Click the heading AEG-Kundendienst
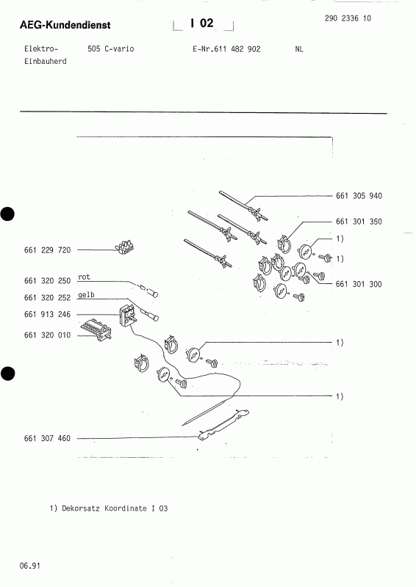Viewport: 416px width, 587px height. coord(65,26)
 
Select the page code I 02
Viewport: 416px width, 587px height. coord(201,23)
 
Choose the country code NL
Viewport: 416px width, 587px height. coord(298,49)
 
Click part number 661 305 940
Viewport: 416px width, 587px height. coord(359,196)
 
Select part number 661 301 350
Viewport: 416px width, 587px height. coord(359,221)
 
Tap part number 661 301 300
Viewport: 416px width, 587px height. coord(359,284)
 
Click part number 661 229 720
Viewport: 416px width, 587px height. coord(47,250)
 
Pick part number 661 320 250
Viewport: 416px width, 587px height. coord(47,281)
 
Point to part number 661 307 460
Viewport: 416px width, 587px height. coord(47,438)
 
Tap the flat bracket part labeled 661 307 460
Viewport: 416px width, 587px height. coord(220,425)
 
